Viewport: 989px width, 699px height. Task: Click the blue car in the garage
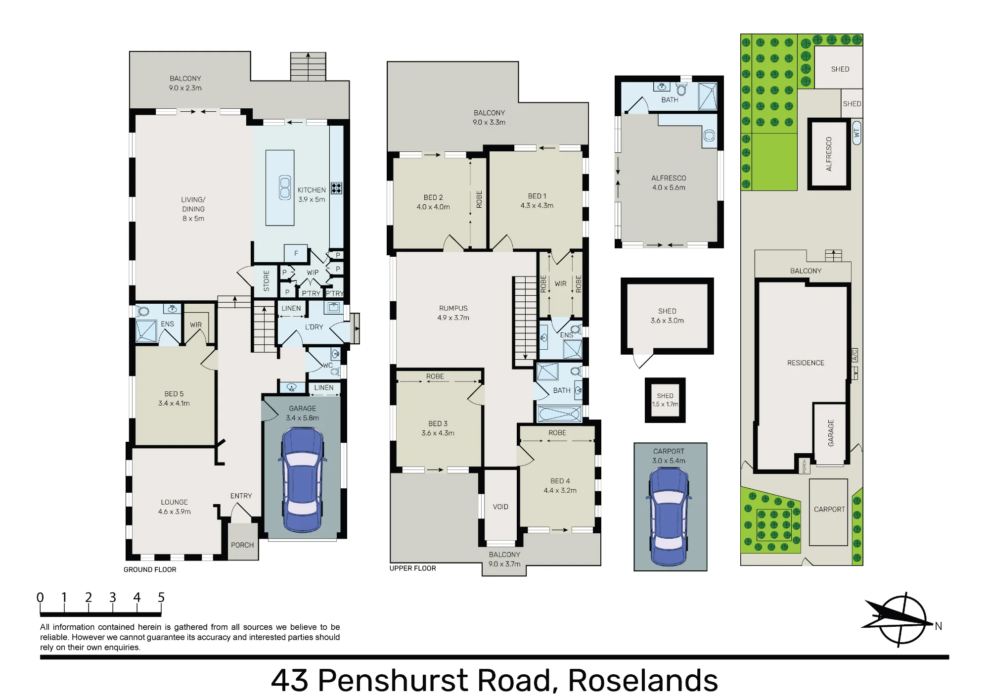302,480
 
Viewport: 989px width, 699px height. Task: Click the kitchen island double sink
285,188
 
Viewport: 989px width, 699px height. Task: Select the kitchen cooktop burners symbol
336,188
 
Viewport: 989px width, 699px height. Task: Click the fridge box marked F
296,253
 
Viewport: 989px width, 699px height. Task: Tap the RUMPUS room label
453,308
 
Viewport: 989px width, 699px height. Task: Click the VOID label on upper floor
500,507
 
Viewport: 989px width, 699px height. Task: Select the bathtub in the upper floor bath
559,414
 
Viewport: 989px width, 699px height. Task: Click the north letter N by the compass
938,626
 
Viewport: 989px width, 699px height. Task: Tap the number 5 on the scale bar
161,598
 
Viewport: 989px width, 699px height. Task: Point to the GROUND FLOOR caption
150,569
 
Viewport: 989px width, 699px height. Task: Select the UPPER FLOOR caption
413,568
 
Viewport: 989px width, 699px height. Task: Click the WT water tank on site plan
857,133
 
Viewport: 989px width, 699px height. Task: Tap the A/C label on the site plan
854,355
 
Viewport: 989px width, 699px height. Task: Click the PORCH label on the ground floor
242,545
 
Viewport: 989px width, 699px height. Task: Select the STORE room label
267,280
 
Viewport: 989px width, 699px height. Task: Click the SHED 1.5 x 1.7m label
665,400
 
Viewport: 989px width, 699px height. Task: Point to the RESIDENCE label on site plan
806,363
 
